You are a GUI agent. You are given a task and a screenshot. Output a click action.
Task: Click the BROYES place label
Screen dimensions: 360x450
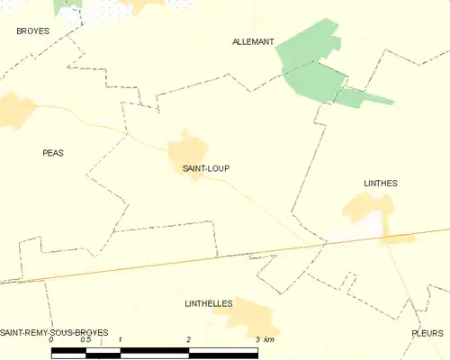[32, 31]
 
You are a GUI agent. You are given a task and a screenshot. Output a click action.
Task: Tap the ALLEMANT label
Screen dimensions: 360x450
[253, 42]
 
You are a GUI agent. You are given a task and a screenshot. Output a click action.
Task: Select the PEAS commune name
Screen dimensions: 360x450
[53, 153]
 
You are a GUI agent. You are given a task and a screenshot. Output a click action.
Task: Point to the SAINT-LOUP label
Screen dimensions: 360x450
[193, 167]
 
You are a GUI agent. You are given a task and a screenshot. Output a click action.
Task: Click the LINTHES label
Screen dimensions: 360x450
[381, 183]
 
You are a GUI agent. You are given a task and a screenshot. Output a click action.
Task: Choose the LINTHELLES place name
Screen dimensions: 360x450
[209, 304]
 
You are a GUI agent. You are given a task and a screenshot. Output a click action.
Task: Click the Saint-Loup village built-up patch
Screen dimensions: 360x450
[189, 146]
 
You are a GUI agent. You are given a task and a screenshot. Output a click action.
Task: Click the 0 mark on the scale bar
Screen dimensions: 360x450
[52, 340]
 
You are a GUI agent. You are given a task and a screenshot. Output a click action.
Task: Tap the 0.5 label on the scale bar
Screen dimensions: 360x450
[85, 340]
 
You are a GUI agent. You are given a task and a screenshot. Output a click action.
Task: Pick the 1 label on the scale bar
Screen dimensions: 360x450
[120, 340]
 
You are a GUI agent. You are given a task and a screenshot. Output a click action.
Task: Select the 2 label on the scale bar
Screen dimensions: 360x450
[189, 340]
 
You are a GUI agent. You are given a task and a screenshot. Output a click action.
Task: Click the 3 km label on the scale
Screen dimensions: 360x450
[265, 340]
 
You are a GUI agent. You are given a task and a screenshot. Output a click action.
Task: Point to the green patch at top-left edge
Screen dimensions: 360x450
[66, 4]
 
